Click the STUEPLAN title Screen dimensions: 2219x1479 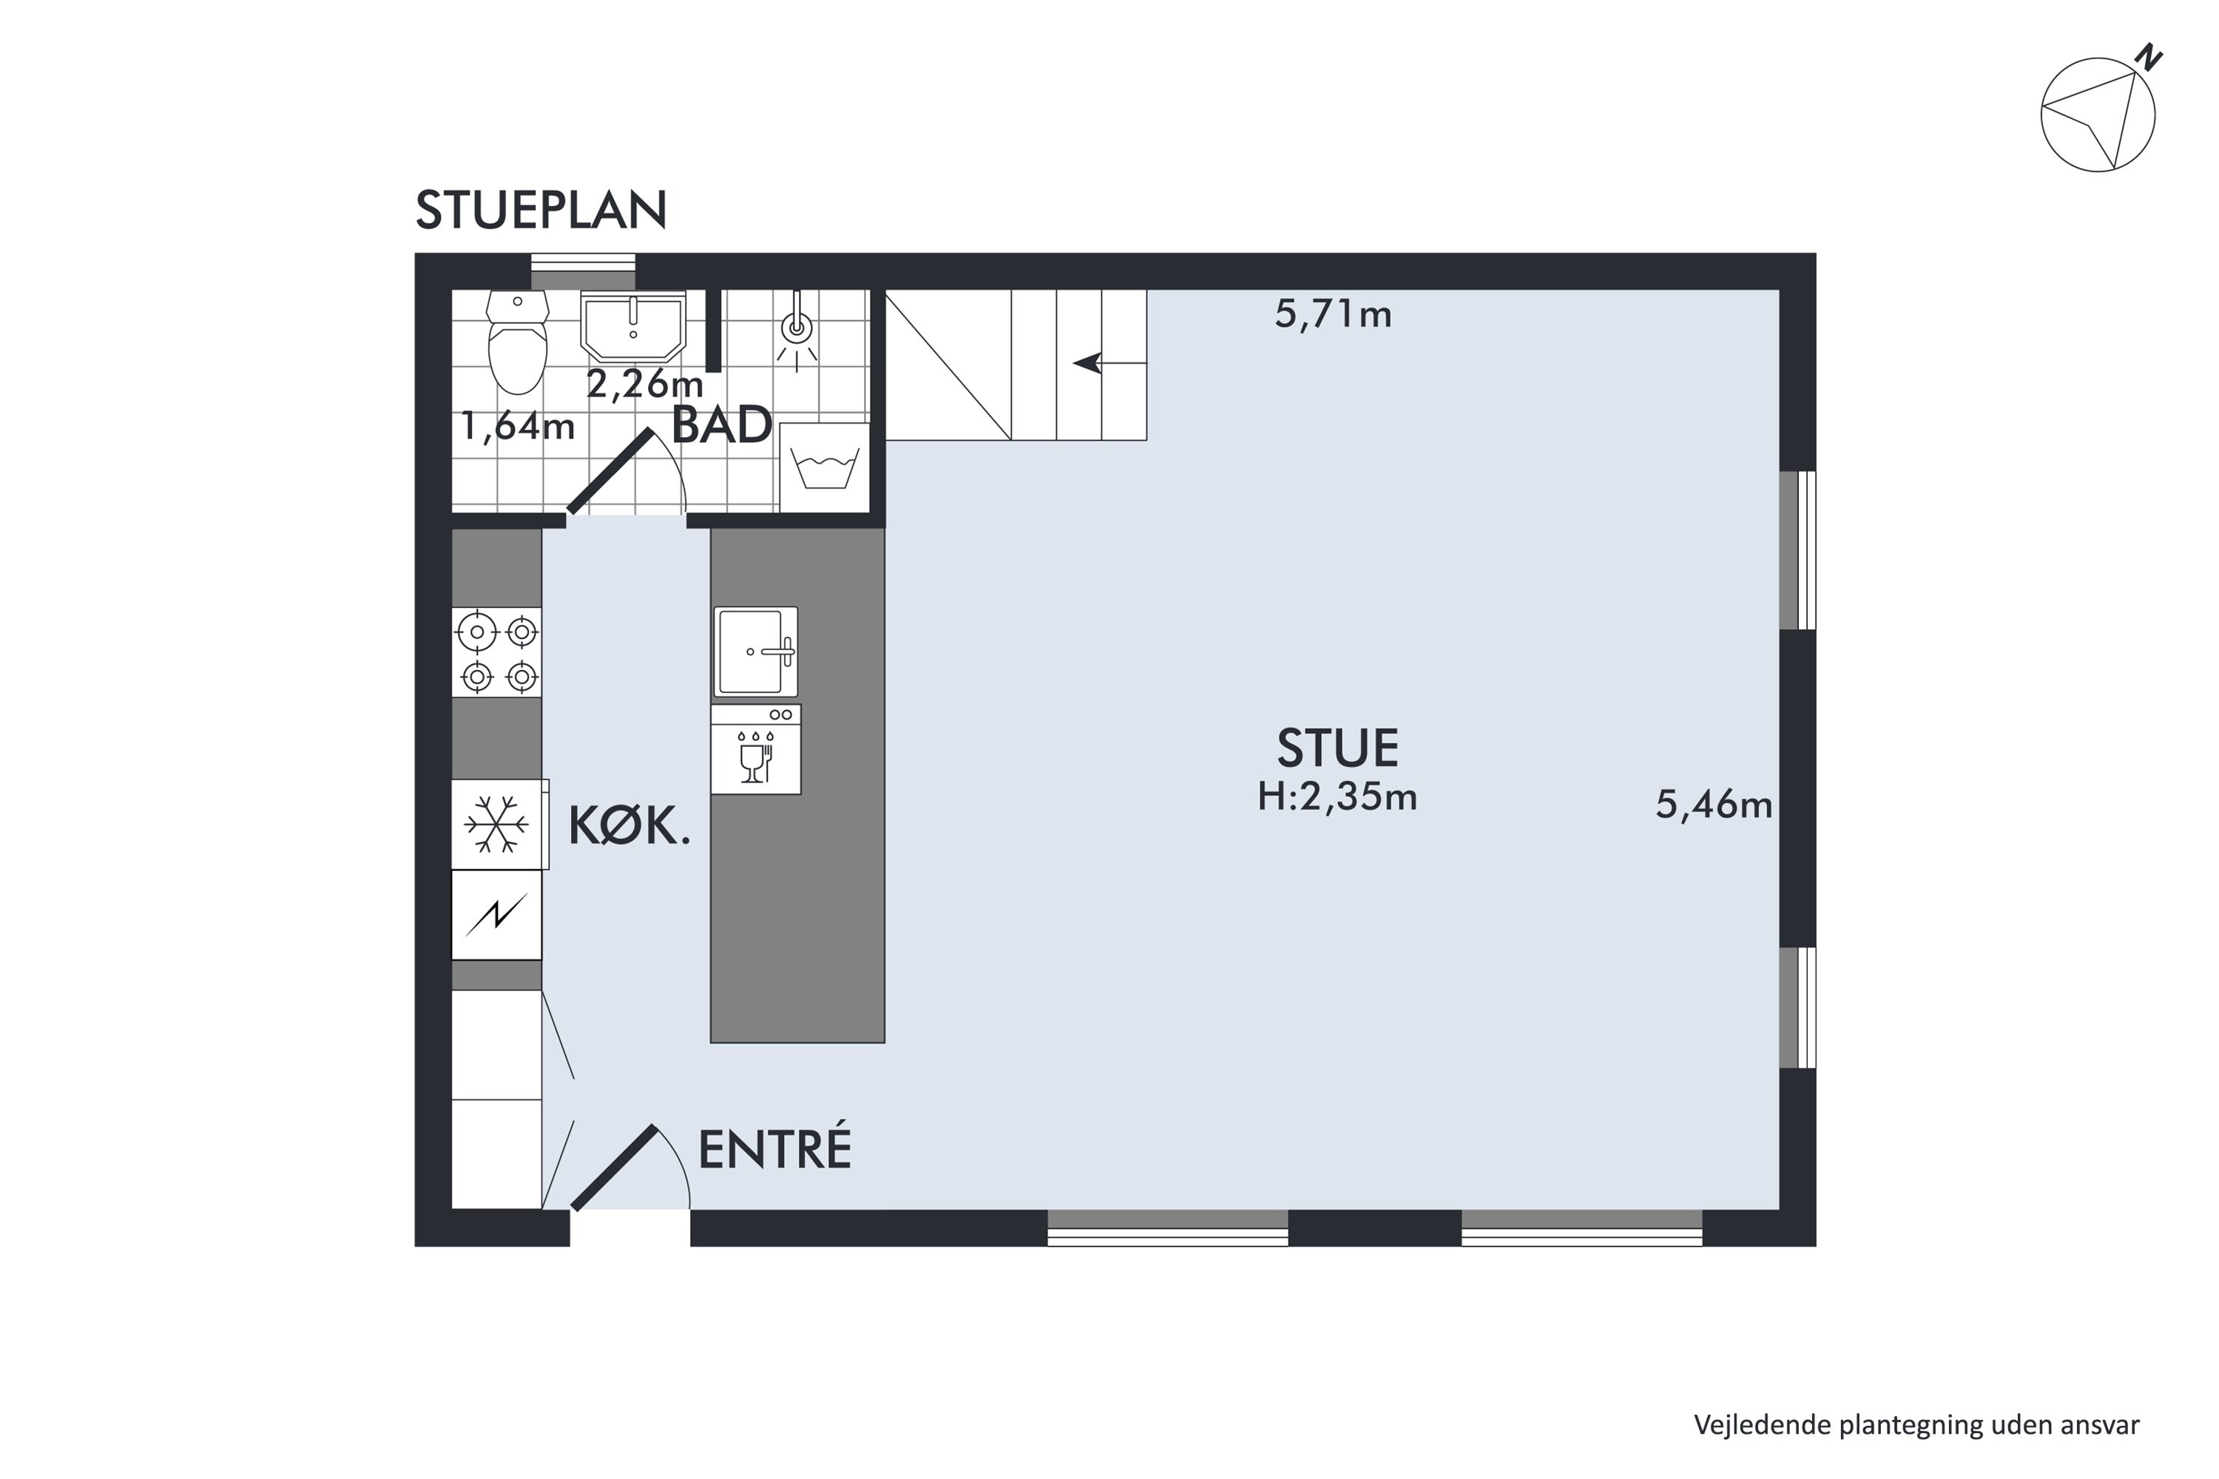541,209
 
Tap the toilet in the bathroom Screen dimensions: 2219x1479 517,342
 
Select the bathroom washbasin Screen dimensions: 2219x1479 632,326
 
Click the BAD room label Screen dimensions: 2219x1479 722,427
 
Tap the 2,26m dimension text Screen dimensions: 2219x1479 645,384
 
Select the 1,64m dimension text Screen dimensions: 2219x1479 518,427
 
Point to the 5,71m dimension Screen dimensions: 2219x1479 1333,314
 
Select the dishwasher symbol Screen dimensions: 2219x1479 756,749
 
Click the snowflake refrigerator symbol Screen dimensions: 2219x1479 497,825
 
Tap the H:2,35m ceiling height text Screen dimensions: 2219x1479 1337,798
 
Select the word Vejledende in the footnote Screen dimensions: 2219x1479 1763,1424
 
